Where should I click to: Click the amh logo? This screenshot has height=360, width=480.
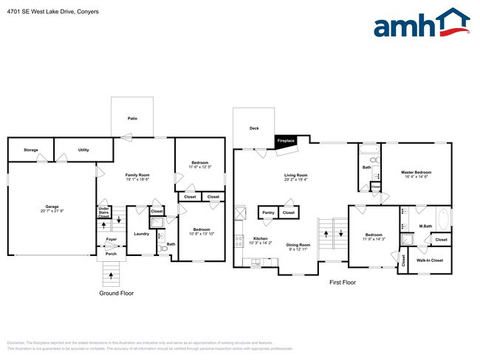421,24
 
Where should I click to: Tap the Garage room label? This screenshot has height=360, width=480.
52,207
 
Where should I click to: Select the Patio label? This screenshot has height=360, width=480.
132,118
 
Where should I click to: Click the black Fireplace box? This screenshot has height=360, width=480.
286,140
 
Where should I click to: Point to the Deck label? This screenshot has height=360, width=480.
254,128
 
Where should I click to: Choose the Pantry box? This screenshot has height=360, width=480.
267,212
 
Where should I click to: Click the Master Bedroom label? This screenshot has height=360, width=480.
416,173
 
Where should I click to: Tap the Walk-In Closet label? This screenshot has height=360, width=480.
429,260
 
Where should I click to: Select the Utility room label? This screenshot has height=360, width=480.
83,150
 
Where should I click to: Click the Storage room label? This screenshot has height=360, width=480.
30,150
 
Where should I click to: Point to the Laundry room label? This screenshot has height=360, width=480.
142,234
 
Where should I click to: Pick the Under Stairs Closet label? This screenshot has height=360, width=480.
103,213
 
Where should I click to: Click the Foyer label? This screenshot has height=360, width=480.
111,240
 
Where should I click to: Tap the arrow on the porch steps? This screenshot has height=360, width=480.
111,276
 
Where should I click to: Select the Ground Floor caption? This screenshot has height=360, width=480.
116,293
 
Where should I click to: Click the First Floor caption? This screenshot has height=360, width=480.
343,283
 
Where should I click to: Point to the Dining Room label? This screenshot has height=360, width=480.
298,245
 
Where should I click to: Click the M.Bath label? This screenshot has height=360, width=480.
425,226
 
